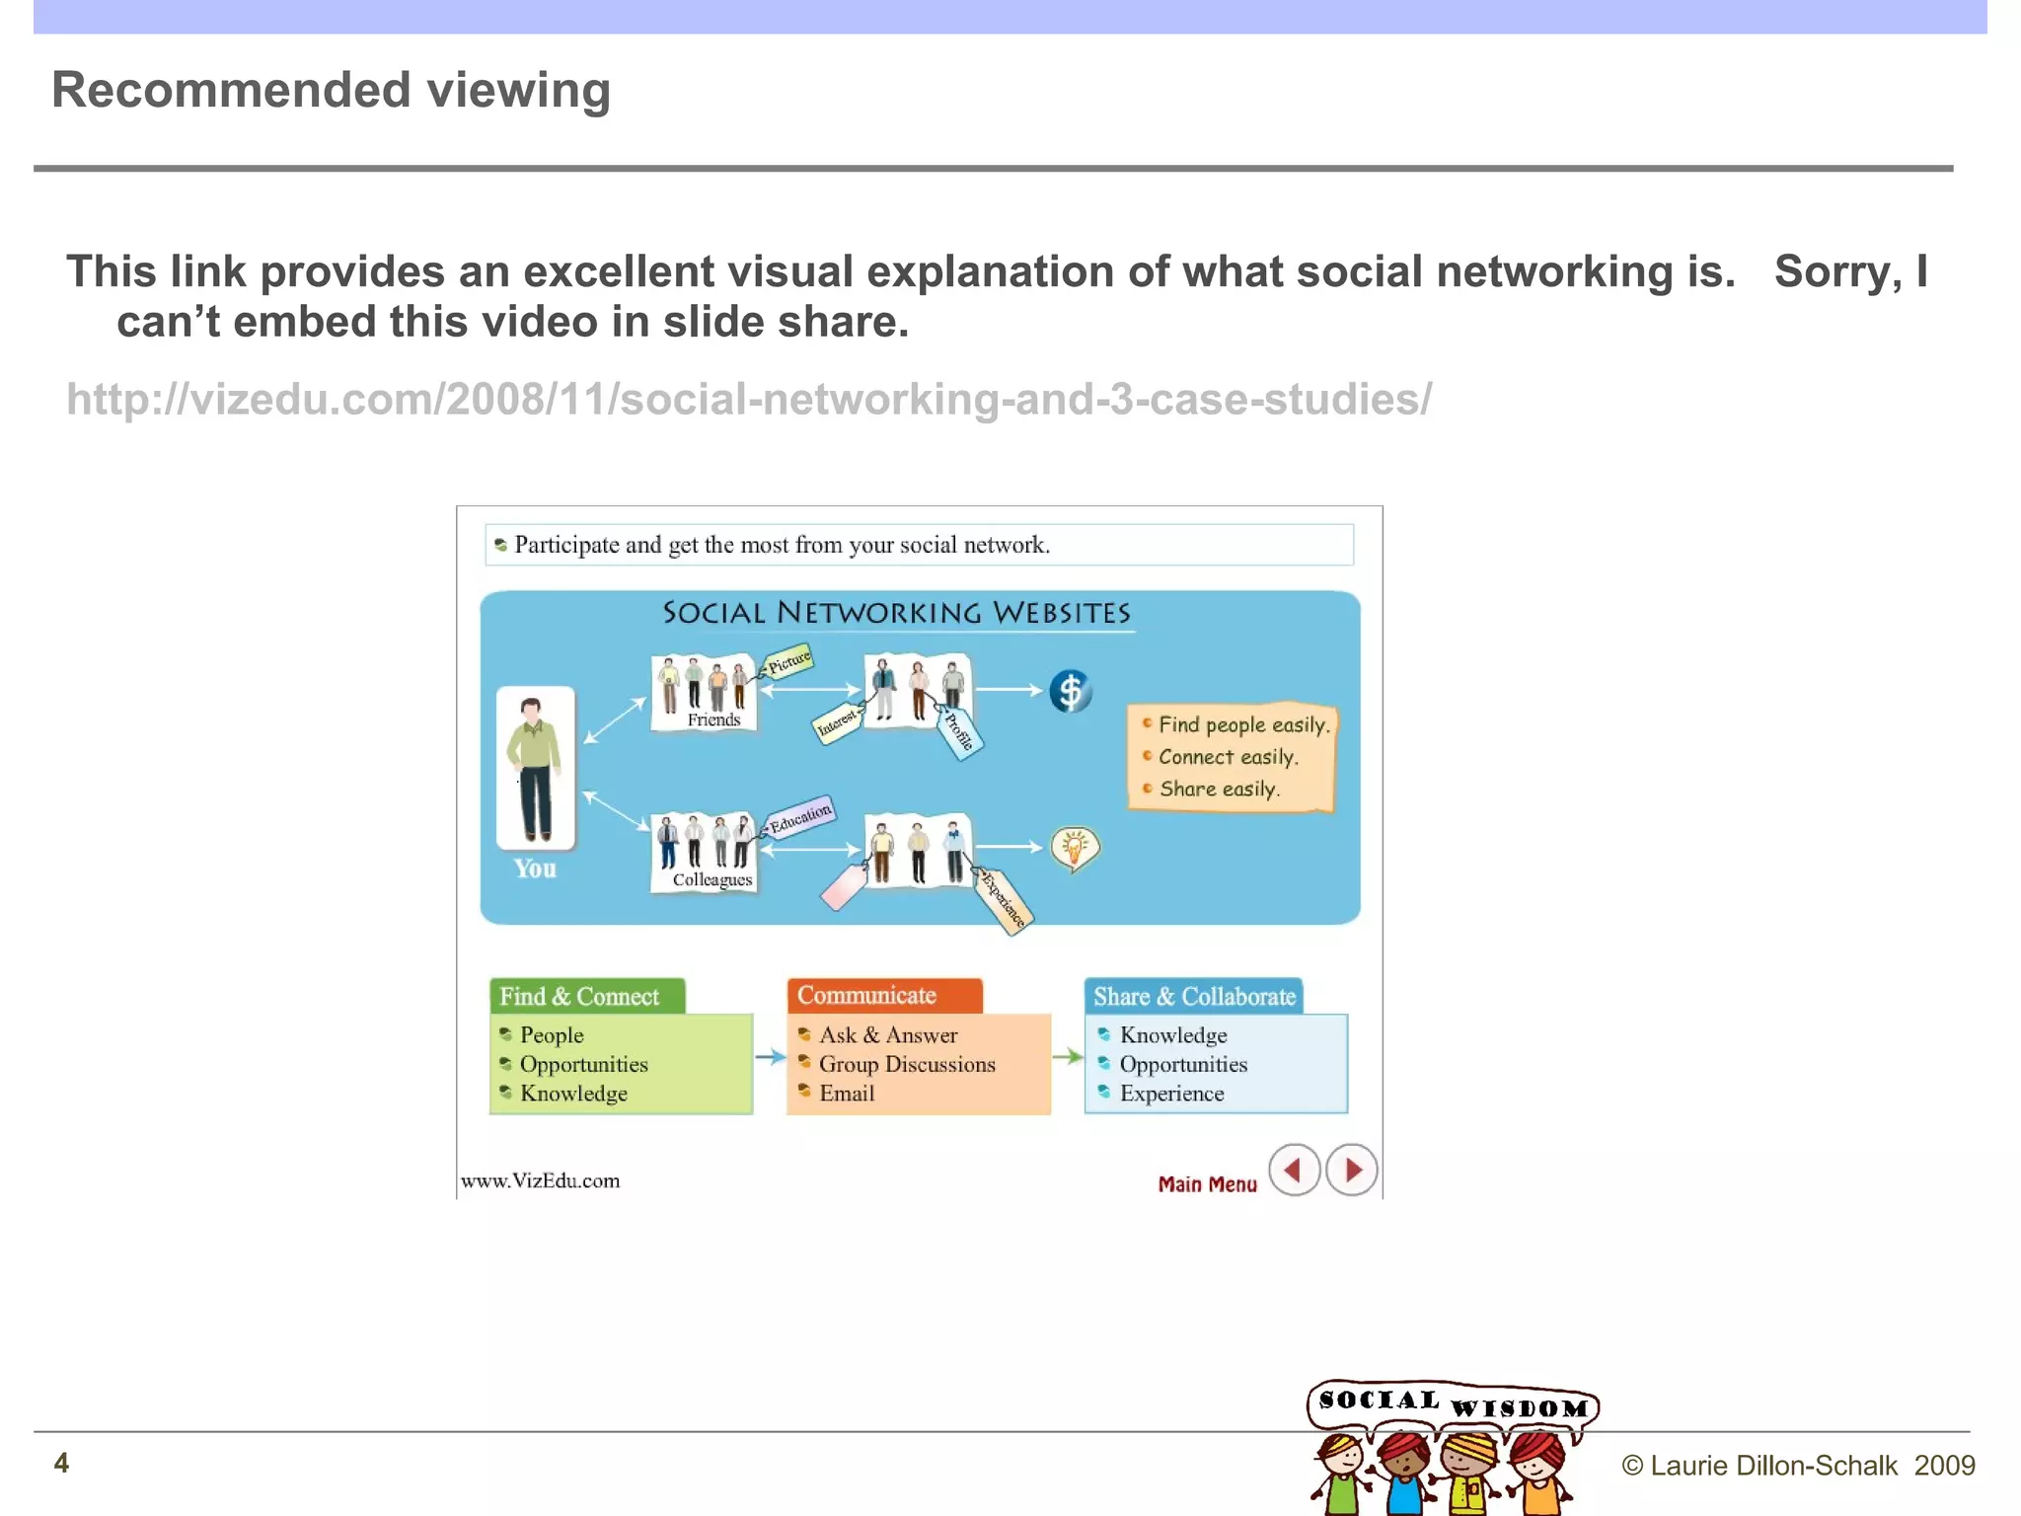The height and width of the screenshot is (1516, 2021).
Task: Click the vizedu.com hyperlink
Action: pyautogui.click(x=748, y=400)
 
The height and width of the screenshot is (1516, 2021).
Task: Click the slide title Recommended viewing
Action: pyautogui.click(x=331, y=90)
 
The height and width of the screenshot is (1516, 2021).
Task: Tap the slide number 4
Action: pyautogui.click(x=61, y=1463)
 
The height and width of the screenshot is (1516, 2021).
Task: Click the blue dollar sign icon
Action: pyautogui.click(x=1070, y=691)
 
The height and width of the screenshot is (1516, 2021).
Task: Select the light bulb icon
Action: pyautogui.click(x=1075, y=848)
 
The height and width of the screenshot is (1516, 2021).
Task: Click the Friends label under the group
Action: pyautogui.click(x=713, y=720)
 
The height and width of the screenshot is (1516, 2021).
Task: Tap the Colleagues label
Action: pyautogui.click(x=711, y=879)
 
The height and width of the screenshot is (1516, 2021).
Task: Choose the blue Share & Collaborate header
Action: pyautogui.click(x=1193, y=996)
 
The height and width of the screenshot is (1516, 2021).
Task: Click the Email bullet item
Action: pyautogui.click(x=846, y=1094)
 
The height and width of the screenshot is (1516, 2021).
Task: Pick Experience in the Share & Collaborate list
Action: pyautogui.click(x=1171, y=1094)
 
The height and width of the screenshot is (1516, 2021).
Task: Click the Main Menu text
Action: pyautogui.click(x=1207, y=1183)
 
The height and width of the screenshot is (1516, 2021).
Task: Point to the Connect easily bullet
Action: pyautogui.click(x=1227, y=757)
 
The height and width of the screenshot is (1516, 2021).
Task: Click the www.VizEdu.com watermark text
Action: pyautogui.click(x=541, y=1180)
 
